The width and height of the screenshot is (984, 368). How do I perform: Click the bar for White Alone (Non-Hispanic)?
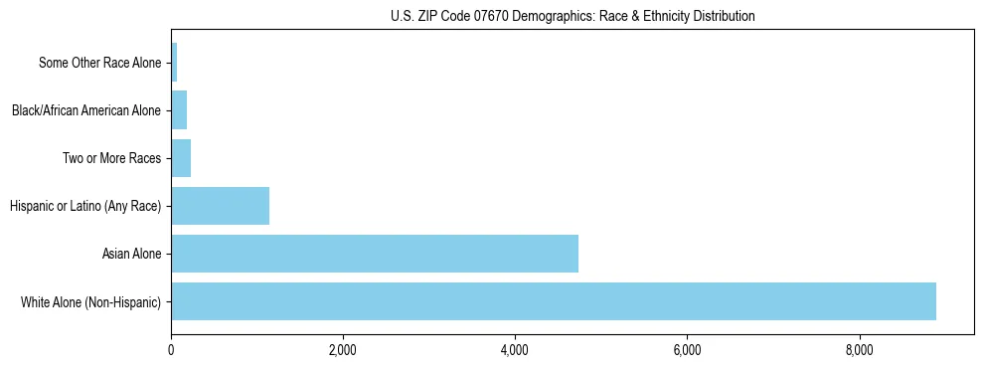tap(553, 301)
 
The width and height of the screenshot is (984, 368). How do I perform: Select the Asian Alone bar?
tap(374, 254)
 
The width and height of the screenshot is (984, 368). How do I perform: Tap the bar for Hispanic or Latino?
tap(220, 206)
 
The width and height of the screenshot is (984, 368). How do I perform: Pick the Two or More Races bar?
tap(181, 158)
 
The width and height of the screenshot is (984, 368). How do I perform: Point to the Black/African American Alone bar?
tap(179, 110)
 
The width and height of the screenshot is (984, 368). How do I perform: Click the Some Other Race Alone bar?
tap(174, 63)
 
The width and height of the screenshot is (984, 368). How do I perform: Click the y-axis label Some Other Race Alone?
tap(99, 63)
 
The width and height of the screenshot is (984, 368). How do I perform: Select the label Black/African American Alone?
tap(85, 110)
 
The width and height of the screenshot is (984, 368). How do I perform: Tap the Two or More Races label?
tap(111, 158)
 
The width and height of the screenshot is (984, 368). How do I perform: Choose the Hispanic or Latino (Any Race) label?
tap(84, 206)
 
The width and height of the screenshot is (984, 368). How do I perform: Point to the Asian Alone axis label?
tap(131, 254)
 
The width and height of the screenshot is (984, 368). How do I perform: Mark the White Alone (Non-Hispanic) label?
tap(90, 301)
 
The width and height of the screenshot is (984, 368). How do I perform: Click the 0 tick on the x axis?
tap(171, 350)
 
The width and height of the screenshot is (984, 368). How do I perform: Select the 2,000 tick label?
tap(343, 350)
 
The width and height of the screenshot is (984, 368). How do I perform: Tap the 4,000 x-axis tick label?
tap(515, 350)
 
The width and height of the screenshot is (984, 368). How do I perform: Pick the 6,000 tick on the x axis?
tap(687, 350)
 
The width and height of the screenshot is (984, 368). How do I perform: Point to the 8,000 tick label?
tap(859, 350)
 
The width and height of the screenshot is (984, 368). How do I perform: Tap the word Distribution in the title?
tap(721, 16)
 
